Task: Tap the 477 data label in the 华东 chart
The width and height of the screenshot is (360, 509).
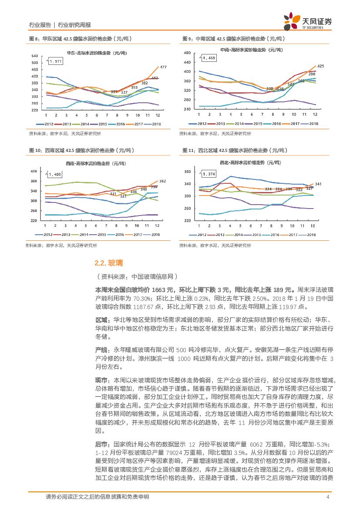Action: click(163, 67)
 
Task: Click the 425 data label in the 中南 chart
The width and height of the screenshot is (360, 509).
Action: click(320, 66)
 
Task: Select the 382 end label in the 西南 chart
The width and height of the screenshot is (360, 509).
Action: click(163, 181)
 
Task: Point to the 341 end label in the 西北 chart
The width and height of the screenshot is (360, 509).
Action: click(318, 184)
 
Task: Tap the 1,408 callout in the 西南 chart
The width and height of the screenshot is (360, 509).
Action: click(55, 175)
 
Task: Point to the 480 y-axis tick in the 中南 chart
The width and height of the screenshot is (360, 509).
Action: click(188, 53)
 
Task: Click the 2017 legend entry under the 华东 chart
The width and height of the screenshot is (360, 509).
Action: click(138, 124)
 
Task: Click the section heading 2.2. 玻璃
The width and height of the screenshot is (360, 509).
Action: click(109, 263)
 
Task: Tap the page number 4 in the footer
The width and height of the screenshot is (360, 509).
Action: click(327, 497)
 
